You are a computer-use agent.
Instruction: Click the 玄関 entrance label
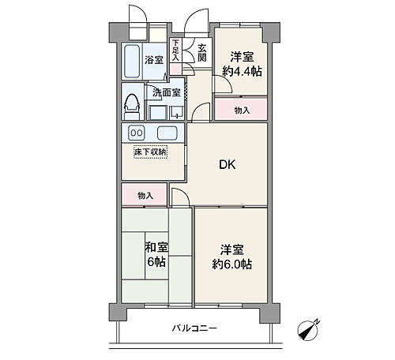tap(202, 54)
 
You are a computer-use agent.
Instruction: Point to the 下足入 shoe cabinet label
tap(175, 52)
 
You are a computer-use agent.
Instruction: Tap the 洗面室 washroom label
tap(166, 91)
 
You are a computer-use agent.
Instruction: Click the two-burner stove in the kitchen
tap(137, 133)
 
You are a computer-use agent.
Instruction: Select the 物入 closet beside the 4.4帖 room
tap(242, 111)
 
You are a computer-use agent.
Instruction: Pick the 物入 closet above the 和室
tap(145, 195)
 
